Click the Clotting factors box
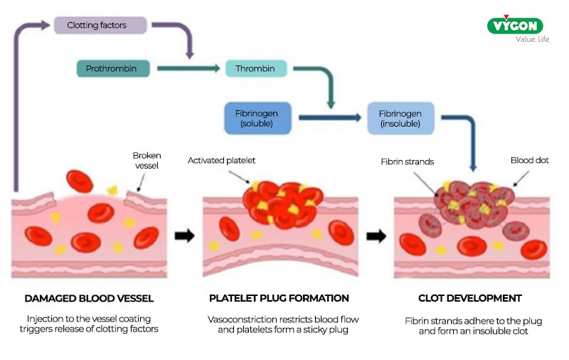(x=100, y=25)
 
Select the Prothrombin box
(x=115, y=69)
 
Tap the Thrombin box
(x=256, y=69)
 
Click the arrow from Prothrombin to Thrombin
(x=188, y=69)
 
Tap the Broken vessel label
(x=147, y=161)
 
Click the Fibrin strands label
(x=407, y=162)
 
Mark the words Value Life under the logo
(x=533, y=39)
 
